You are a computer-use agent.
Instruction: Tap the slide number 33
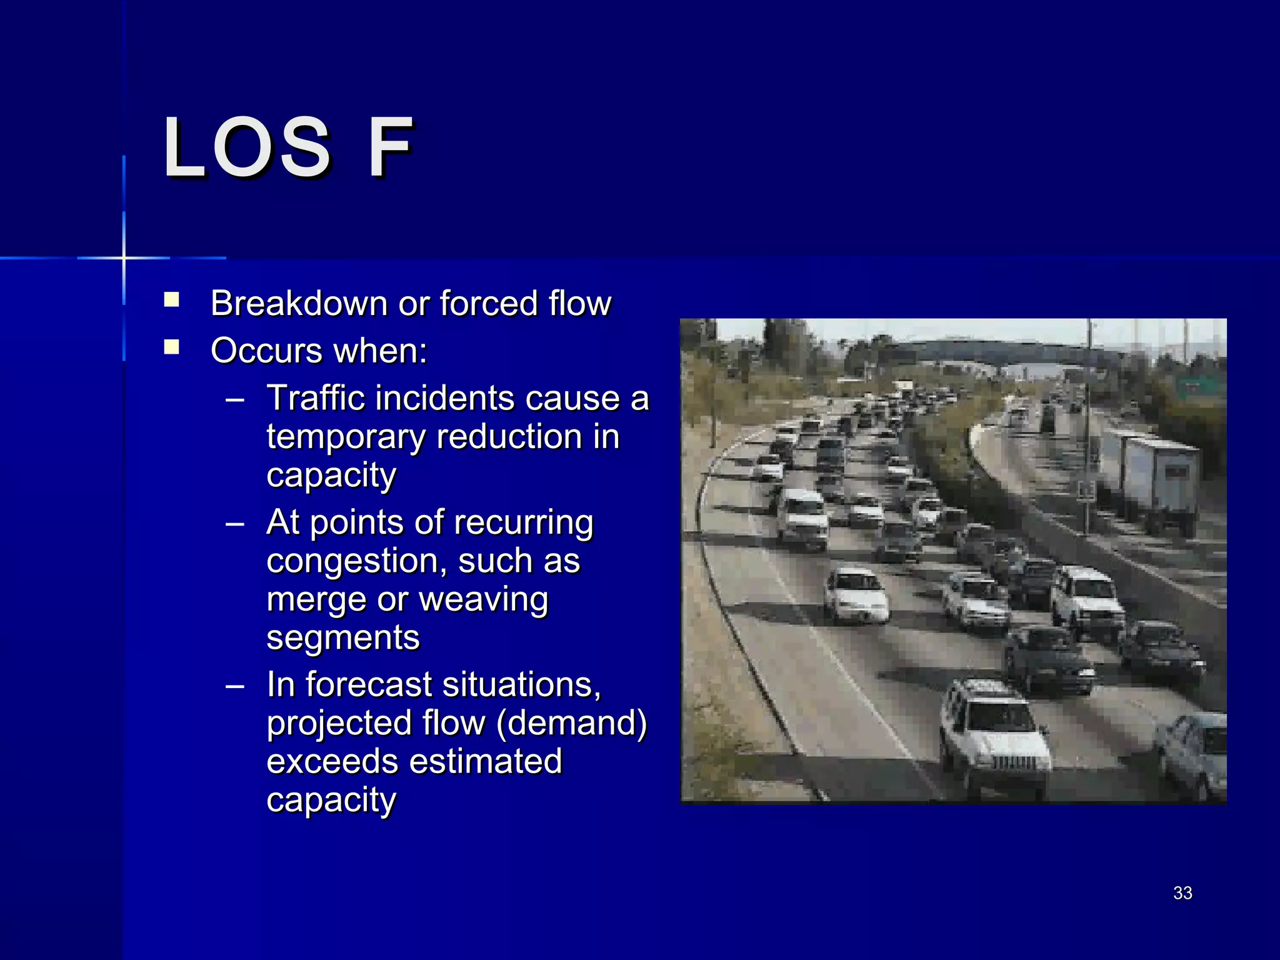[1182, 893]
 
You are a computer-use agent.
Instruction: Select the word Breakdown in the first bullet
[299, 304]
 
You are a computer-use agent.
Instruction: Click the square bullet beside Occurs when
[171, 347]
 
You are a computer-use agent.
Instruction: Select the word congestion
[356, 561]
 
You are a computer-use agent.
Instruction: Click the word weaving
[483, 599]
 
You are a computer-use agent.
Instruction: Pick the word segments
[343, 637]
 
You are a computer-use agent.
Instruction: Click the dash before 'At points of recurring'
[235, 524]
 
